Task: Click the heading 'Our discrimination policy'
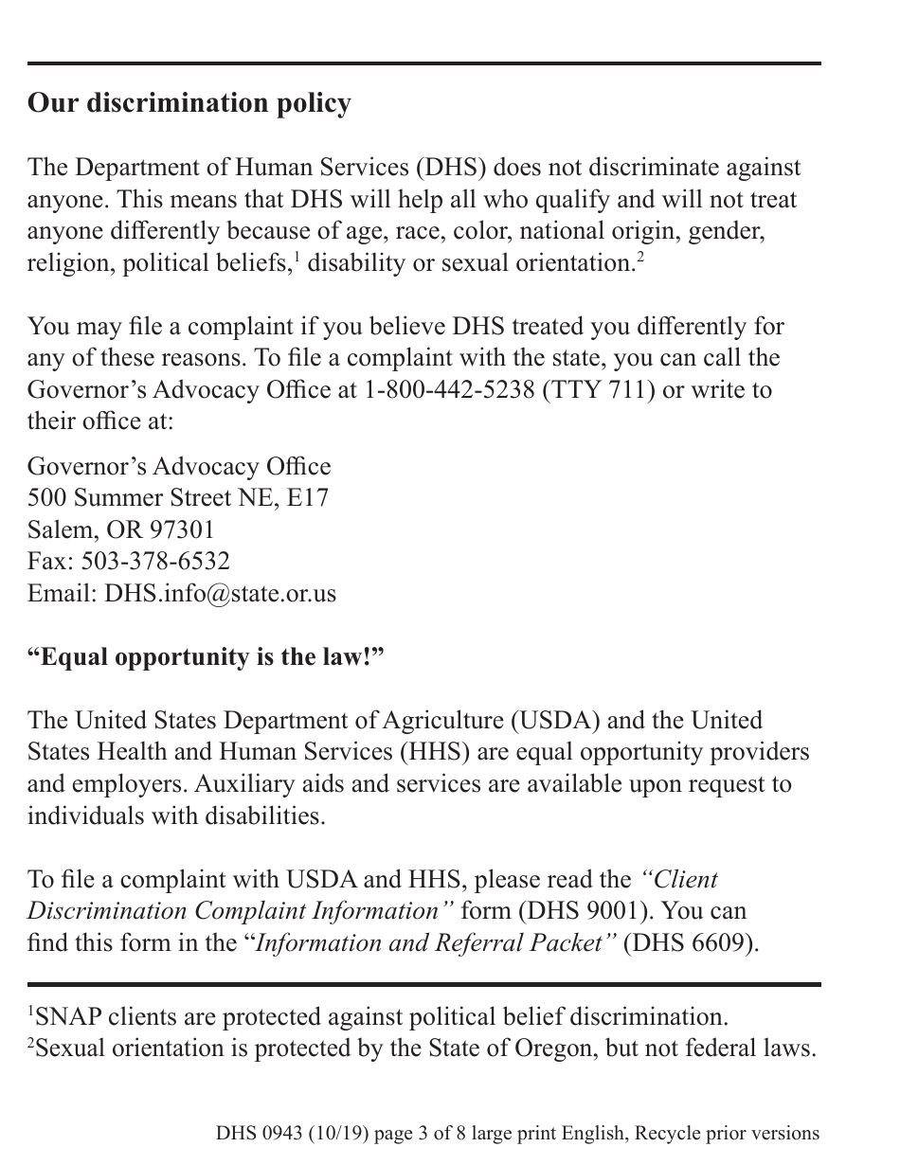(189, 102)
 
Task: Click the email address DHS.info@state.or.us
(220, 594)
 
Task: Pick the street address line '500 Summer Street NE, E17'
(178, 497)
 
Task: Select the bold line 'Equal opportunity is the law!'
(207, 657)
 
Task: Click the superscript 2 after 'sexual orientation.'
(639, 258)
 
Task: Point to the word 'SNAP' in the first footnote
(68, 1017)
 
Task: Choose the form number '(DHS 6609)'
(691, 943)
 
